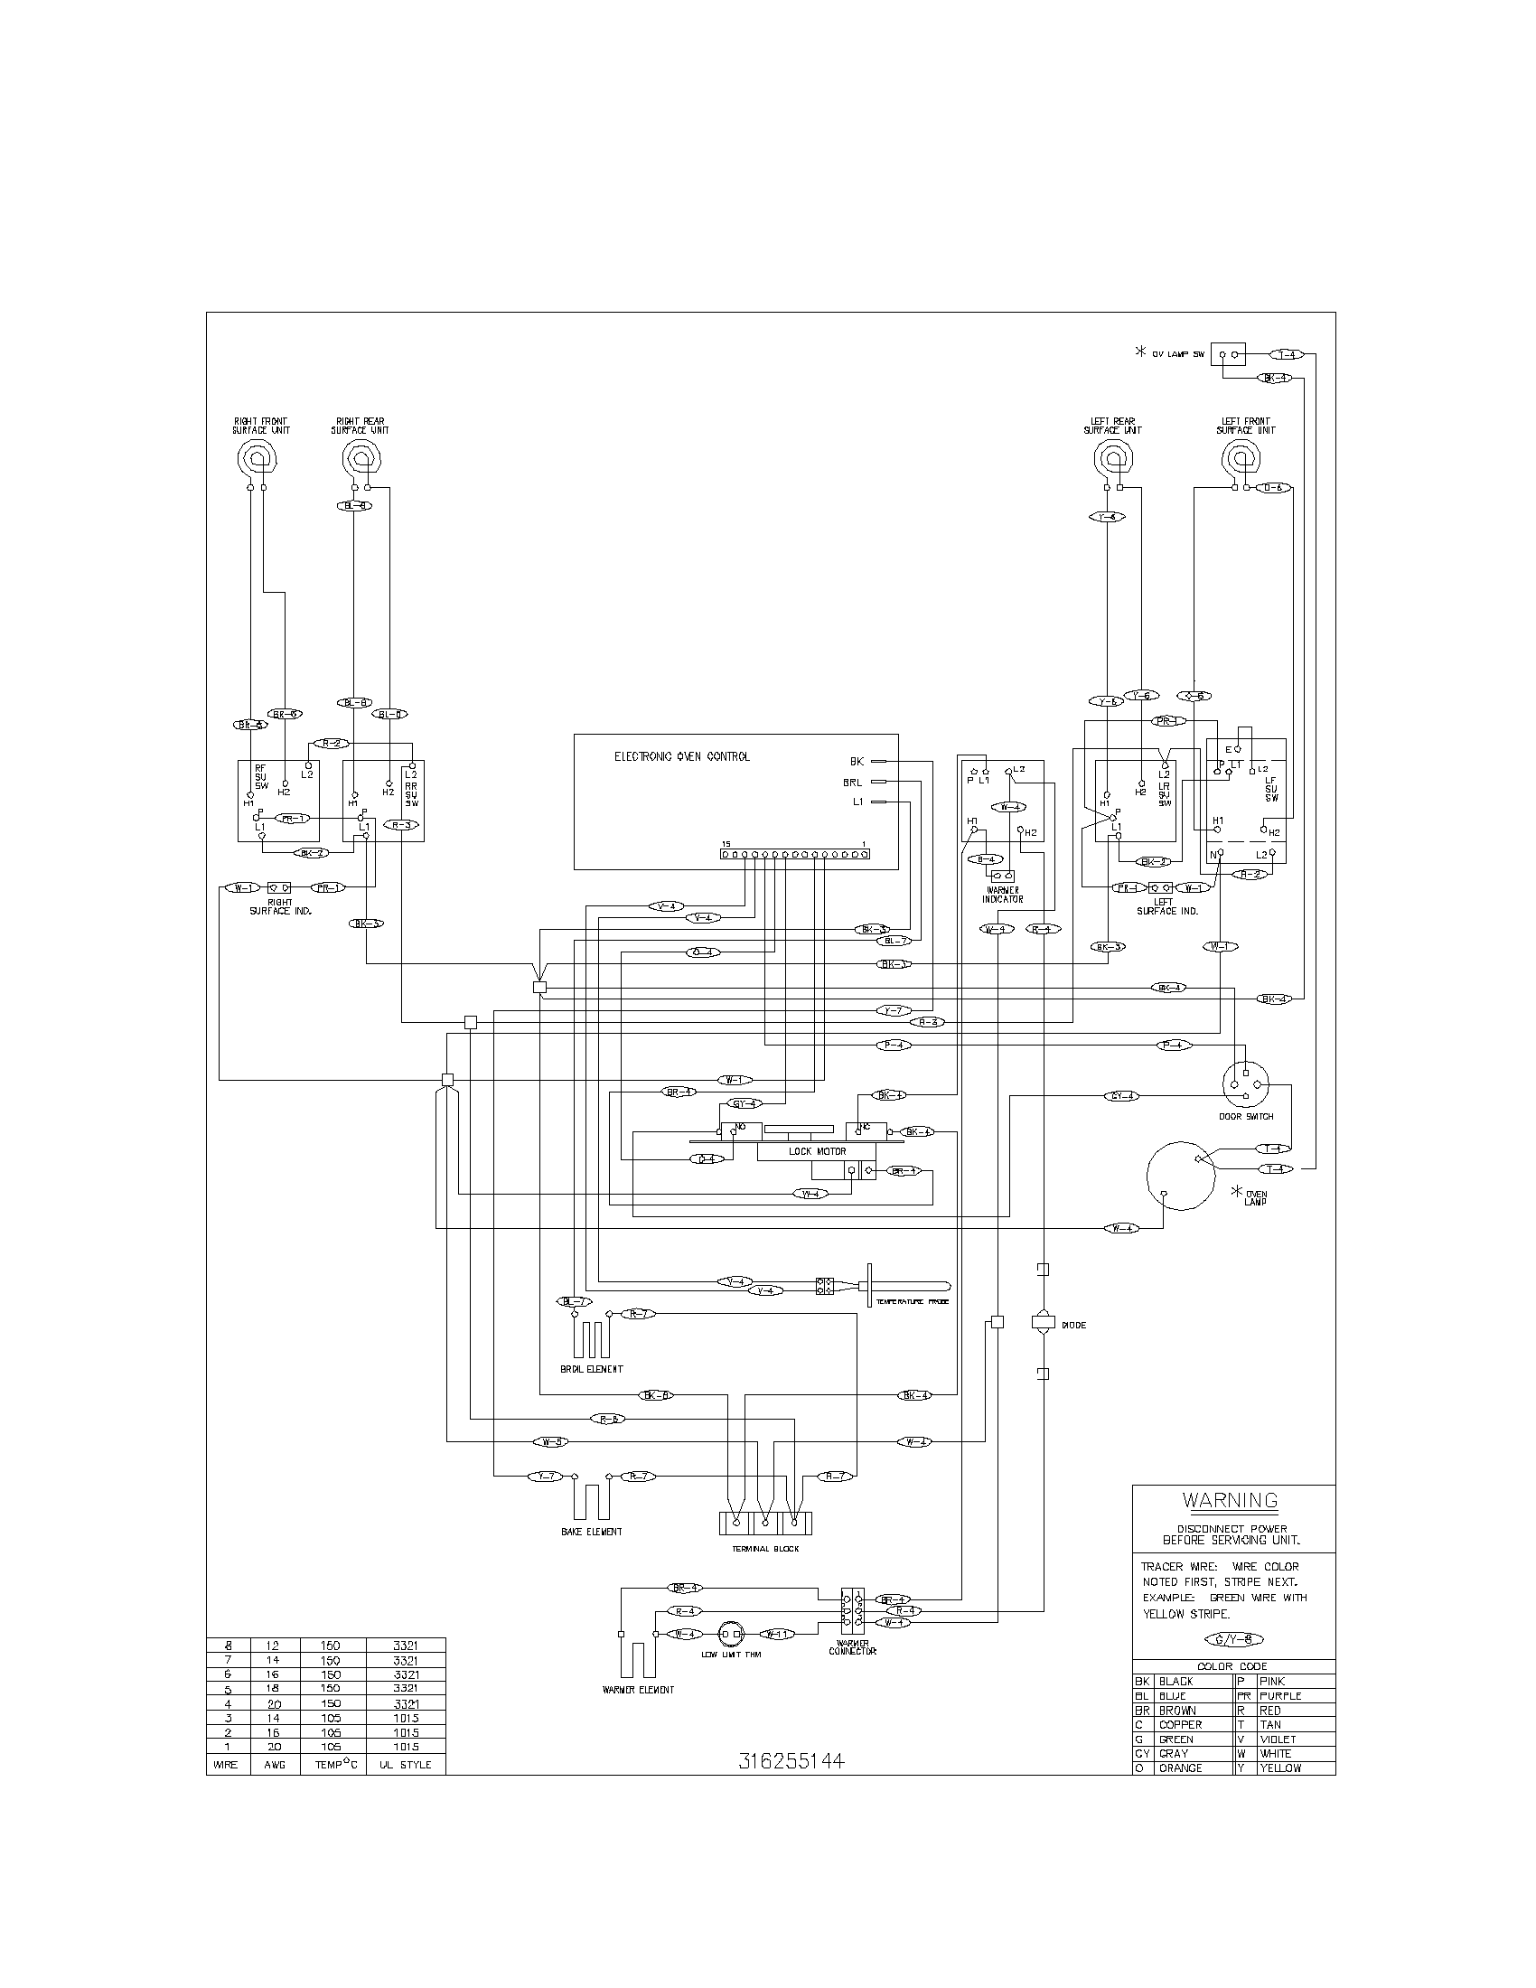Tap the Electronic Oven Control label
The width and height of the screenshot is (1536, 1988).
[681, 756]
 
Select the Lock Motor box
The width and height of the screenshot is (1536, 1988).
[816, 1151]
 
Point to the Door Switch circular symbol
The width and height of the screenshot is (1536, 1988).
[1246, 1083]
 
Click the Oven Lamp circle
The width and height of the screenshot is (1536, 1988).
[1180, 1176]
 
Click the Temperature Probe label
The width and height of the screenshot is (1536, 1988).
[912, 1302]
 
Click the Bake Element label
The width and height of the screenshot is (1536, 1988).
[592, 1532]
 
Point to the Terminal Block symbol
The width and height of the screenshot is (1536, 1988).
[764, 1523]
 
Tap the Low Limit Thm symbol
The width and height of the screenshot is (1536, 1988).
[731, 1634]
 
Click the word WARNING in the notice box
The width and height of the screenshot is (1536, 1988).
[1230, 1500]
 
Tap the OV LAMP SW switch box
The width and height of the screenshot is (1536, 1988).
[1228, 355]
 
